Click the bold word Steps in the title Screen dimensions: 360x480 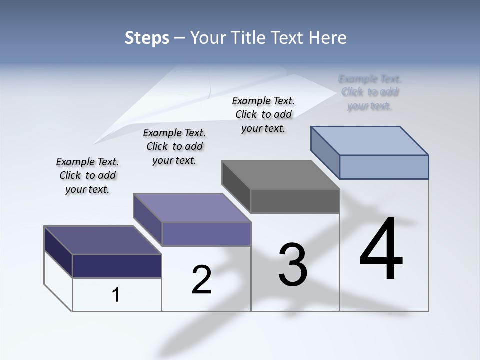[147, 38]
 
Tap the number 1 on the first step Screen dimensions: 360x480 [116, 295]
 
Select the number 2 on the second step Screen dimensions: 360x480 [201, 280]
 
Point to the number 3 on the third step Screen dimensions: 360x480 [293, 265]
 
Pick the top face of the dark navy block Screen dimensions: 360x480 [102, 240]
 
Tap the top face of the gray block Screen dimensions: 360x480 [280, 175]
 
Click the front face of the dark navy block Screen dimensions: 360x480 [117, 266]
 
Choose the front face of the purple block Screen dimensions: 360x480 [206, 234]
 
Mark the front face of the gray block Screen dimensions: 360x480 [295, 201]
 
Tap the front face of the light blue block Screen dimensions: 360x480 [384, 167]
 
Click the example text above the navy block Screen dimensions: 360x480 [87, 176]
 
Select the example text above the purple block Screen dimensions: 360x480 [174, 146]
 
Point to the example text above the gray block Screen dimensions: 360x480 [263, 115]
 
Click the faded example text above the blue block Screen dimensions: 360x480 [370, 92]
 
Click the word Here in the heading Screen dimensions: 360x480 [328, 38]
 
